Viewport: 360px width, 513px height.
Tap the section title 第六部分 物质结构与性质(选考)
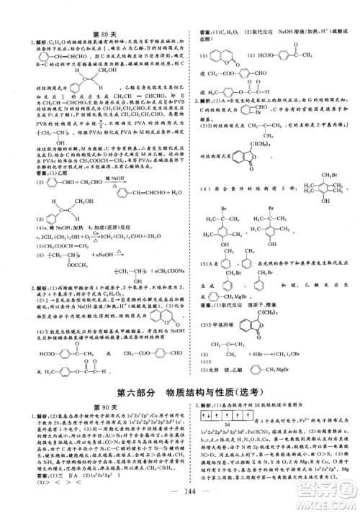pyautogui.click(x=181, y=393)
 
